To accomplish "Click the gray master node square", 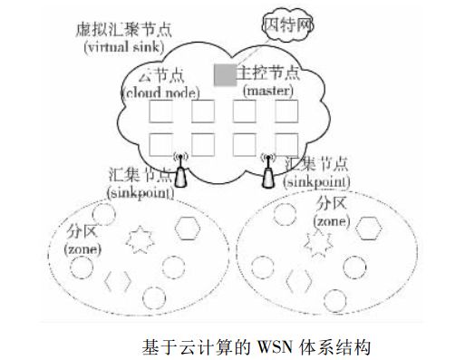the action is tap(225, 75).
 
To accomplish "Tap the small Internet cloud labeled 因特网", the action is tap(287, 25).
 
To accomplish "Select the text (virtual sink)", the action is tap(124, 47).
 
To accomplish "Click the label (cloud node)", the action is tap(160, 92).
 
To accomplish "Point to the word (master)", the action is tap(268, 91).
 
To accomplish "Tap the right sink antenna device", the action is tap(268, 171).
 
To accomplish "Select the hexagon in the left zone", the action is tap(188, 229).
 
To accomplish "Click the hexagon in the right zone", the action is tap(368, 229).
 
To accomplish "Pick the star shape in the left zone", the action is tap(140, 239).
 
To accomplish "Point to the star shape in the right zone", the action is tap(318, 243).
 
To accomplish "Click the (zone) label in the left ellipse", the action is tap(82, 249).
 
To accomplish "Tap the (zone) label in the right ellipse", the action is tap(332, 222).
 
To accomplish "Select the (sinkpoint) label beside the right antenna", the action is tap(316, 182).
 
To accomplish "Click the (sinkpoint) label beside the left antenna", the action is tap(140, 193).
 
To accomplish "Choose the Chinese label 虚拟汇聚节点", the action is tap(124, 30).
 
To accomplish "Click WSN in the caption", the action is tap(275, 346).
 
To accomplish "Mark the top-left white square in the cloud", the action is tap(160, 112).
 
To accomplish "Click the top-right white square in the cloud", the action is tap(286, 112).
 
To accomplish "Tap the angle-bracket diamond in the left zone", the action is tap(118, 281).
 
